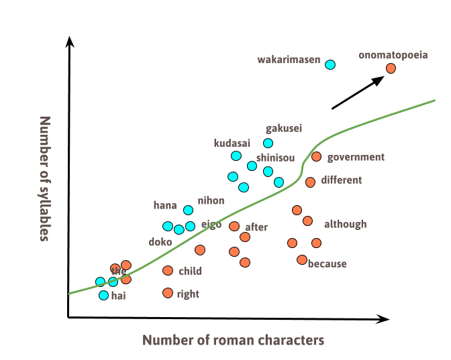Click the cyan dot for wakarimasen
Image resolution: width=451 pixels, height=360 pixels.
click(330, 64)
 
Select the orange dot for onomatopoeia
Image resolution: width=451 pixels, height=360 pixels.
click(391, 68)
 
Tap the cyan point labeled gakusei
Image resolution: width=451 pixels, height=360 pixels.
click(268, 143)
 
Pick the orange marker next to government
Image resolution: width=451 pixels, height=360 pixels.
click(316, 157)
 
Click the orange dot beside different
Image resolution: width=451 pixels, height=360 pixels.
click(310, 182)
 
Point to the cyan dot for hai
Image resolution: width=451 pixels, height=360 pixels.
click(103, 295)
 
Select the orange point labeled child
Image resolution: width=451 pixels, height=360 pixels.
click(168, 271)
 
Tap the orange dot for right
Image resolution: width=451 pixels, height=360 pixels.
click(168, 293)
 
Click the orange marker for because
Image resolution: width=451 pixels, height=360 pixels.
click(302, 259)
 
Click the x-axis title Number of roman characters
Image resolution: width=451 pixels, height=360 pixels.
click(233, 341)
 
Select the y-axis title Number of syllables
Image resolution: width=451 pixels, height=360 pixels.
click(45, 178)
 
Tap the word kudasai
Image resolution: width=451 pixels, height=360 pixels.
click(232, 143)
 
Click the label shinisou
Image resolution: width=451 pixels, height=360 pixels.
click(275, 158)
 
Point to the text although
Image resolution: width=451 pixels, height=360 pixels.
click(345, 224)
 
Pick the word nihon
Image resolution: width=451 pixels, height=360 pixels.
click(211, 200)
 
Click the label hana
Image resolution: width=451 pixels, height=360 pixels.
click(165, 205)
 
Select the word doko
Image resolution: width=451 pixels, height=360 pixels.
click(160, 241)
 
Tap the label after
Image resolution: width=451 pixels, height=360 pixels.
click(256, 227)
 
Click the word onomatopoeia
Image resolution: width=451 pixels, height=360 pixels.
click(393, 55)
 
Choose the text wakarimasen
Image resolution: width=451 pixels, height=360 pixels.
click(289, 60)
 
